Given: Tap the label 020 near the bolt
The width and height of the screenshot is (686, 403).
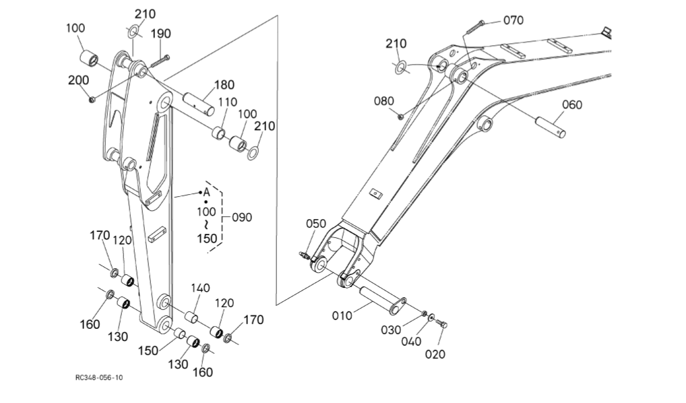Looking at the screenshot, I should coord(435,354).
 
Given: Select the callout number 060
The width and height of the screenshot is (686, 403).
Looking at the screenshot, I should coord(572,104).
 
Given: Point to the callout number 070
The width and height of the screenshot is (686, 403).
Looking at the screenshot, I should coord(513,20).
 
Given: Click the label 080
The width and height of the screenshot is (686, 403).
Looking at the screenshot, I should coord(384,102).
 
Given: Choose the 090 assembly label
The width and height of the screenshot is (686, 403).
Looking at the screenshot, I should coord(241,218).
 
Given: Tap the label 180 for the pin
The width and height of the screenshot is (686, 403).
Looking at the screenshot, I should coord(224,85).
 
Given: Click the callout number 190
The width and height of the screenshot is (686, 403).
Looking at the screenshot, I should coord(160,34).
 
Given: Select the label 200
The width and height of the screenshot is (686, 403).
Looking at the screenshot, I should coord(77,80).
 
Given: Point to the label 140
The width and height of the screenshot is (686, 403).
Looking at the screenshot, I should coord(201,288).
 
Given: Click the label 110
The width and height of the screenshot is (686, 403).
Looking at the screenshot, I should coord(227,102).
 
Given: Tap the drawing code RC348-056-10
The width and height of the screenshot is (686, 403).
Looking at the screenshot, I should coord(99,378).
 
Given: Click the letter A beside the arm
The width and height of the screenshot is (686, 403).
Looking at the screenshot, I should coord(207,193).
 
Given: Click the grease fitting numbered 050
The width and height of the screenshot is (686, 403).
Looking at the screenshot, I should coord(305,255).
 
